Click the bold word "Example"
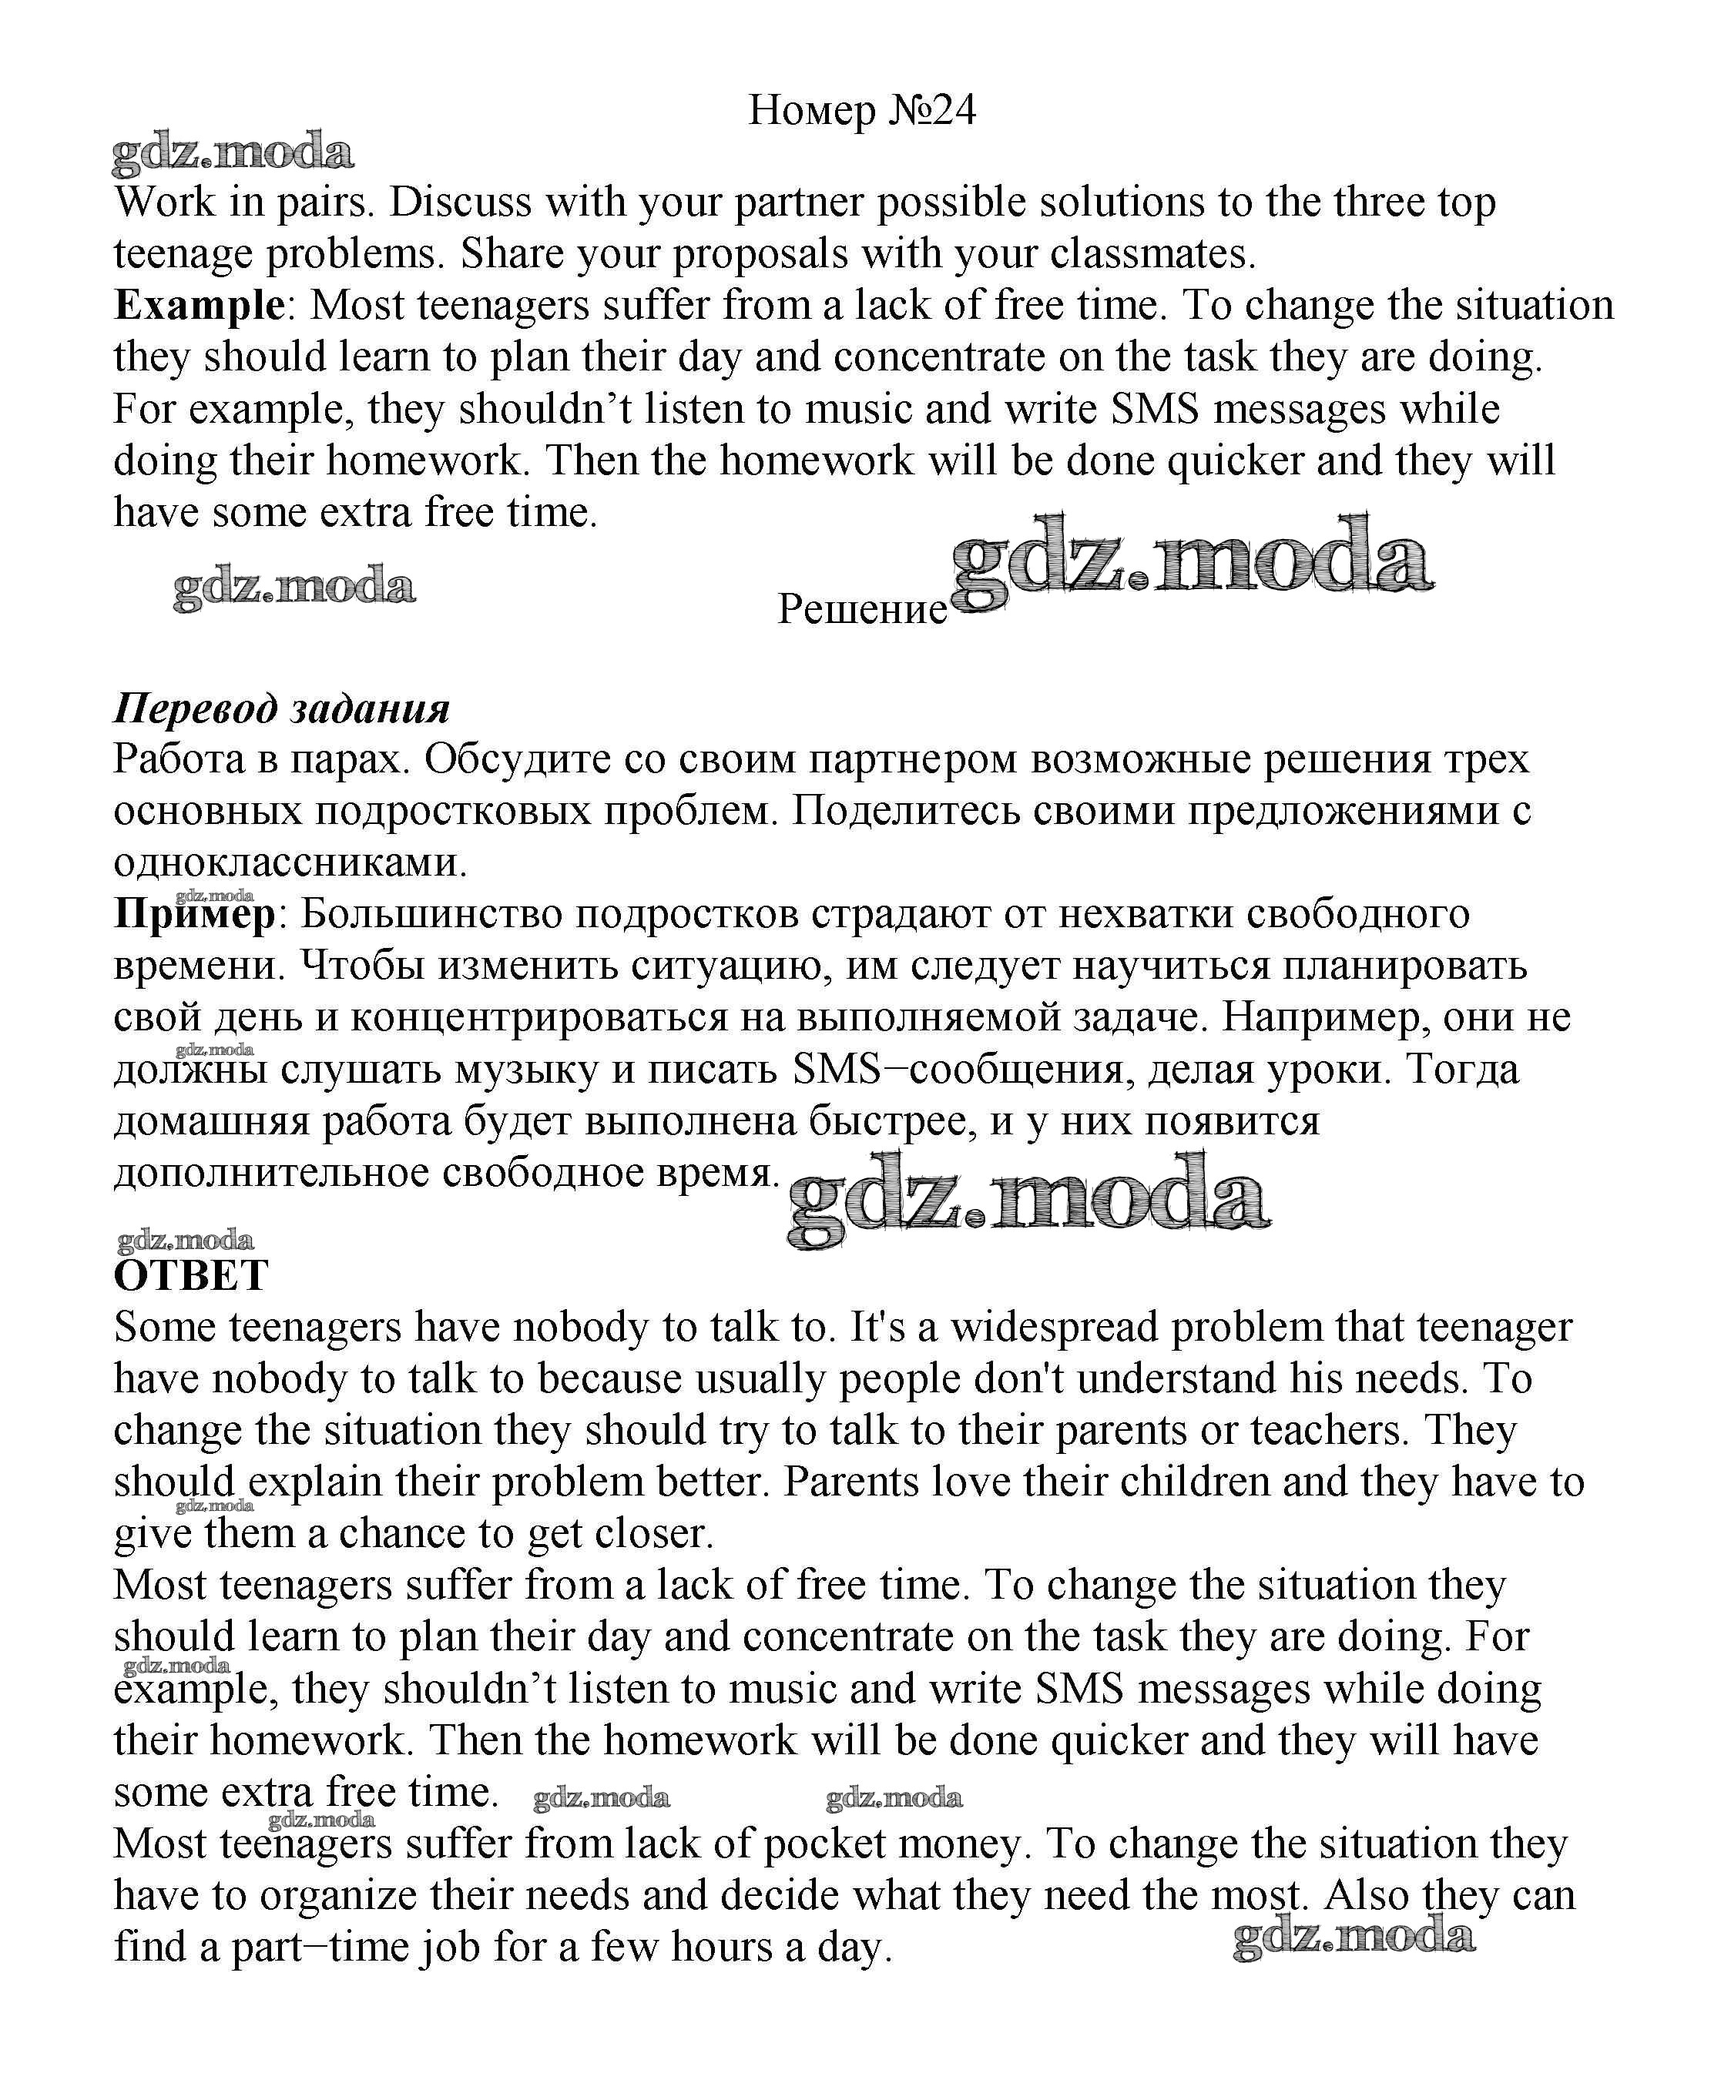[x=200, y=305]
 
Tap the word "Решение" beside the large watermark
[x=861, y=609]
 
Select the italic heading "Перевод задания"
[x=281, y=708]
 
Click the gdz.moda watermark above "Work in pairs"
[x=233, y=152]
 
